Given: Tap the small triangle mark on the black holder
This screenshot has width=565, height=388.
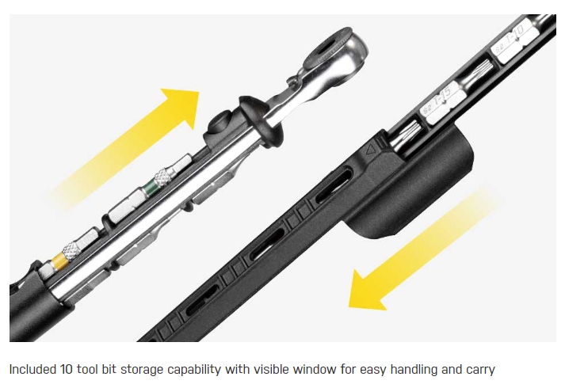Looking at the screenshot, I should (x=371, y=148).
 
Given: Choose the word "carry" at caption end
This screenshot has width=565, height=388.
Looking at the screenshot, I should (x=479, y=369).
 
